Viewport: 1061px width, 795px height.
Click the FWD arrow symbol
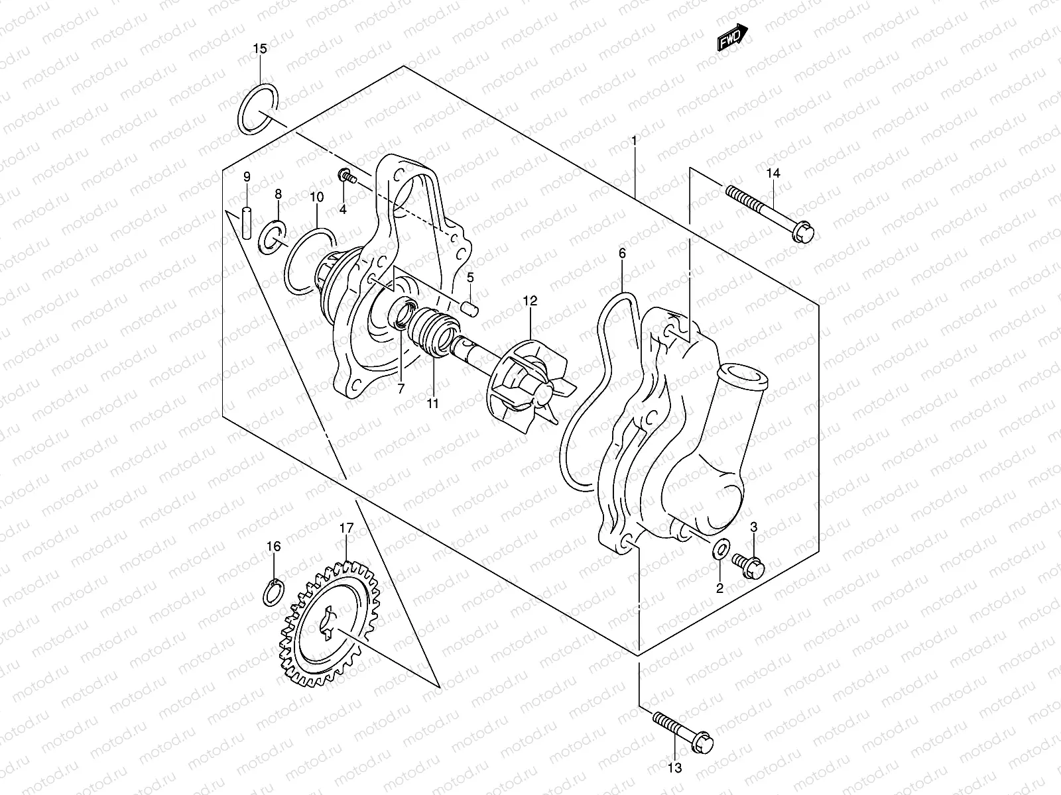[733, 38]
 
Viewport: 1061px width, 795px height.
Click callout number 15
[260, 48]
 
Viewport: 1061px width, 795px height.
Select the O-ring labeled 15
[259, 108]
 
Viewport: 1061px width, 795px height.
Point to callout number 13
[674, 768]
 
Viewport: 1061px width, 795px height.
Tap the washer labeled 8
[272, 237]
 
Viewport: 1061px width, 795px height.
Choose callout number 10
[317, 197]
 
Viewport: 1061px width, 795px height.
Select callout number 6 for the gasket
[622, 253]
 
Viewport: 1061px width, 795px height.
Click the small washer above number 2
[720, 549]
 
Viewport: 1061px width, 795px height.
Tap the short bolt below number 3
[749, 564]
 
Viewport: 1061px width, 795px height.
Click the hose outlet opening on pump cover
[744, 375]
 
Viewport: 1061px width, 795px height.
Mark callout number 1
[634, 140]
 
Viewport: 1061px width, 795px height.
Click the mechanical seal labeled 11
[432, 330]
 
